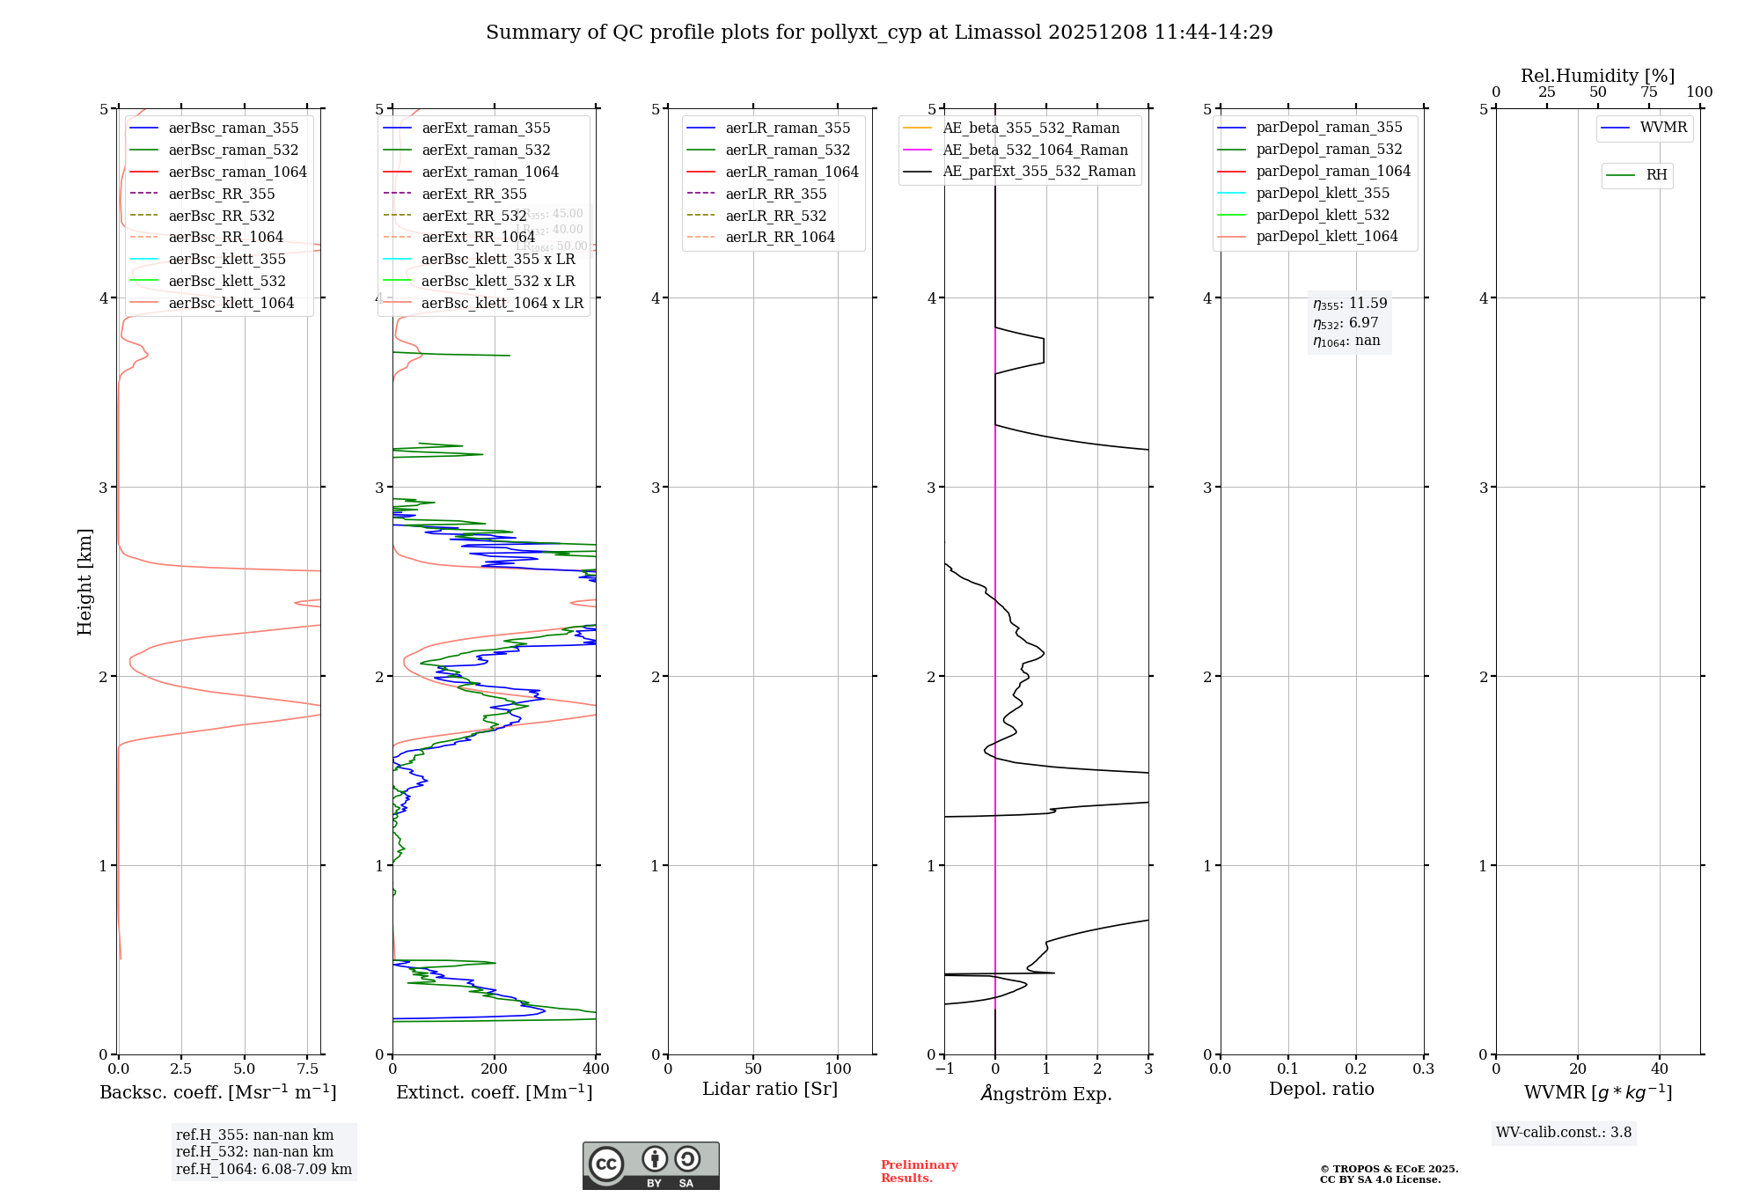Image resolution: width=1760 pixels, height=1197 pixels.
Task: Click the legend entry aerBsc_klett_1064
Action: point(231,303)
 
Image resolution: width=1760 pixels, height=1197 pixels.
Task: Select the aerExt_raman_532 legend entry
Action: point(486,150)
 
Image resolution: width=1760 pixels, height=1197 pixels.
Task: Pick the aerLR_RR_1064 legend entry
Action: point(780,237)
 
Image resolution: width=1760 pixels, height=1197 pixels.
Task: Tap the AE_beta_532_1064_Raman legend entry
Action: point(1035,150)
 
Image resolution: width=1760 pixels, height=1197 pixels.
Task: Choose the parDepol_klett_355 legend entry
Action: point(1323,193)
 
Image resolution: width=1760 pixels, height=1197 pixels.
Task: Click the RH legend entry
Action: point(1656,175)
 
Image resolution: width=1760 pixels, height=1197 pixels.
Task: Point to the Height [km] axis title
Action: point(84,581)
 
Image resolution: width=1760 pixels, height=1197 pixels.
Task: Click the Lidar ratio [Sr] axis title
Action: point(770,1089)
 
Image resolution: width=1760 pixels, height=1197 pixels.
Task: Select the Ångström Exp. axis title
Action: point(1046,1093)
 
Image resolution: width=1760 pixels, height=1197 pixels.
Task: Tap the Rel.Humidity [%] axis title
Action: point(1597,76)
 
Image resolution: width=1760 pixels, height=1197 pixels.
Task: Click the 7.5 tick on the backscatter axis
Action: point(307,1068)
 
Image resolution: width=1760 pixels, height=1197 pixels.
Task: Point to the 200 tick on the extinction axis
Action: point(495,1068)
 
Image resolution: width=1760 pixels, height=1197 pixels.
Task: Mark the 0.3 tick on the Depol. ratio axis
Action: point(1423,1068)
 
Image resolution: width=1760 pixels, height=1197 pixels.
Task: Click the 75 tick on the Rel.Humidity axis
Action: point(1648,92)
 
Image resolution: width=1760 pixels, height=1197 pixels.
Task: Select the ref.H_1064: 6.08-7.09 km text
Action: point(263,1169)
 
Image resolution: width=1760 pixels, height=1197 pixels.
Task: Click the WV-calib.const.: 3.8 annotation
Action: point(1564,1132)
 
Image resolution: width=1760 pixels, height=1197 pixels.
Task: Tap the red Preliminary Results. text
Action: point(919,1171)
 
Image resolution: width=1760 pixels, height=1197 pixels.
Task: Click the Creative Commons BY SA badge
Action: point(650,1165)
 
